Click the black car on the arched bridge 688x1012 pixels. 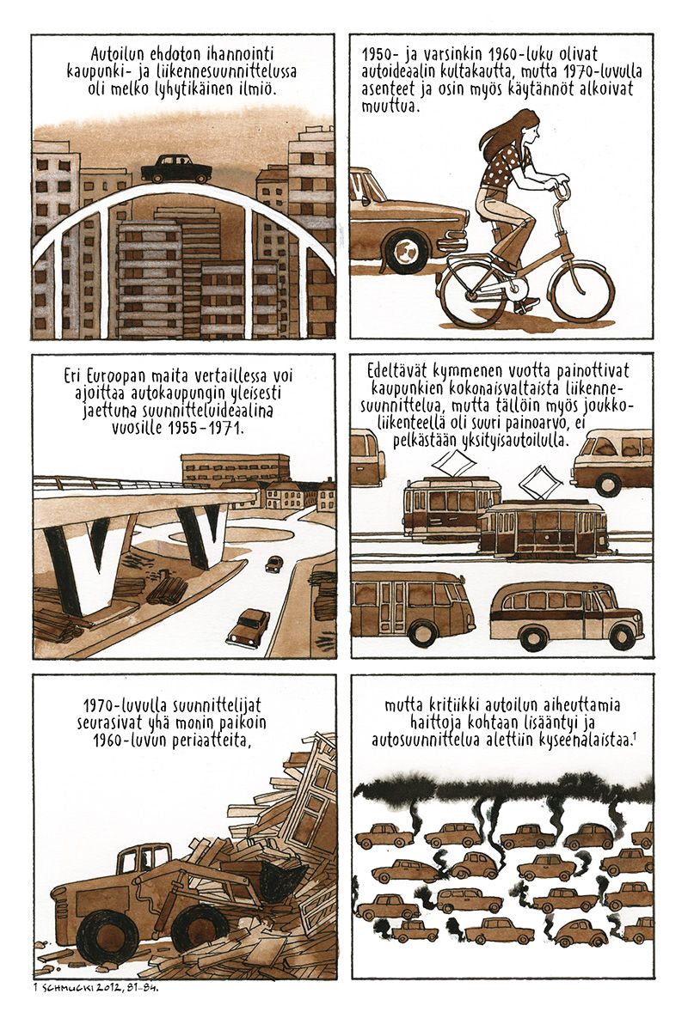click(x=175, y=169)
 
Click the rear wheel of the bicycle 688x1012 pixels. click(x=471, y=298)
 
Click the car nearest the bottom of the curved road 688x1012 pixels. click(x=248, y=628)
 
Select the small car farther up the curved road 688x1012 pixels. click(x=273, y=564)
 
